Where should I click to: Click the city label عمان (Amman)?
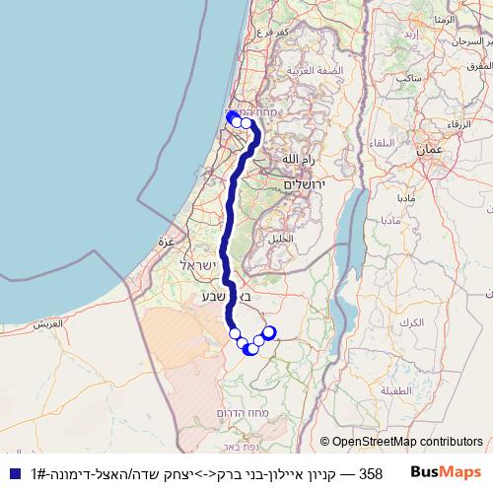(429, 150)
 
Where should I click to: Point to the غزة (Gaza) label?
(165, 241)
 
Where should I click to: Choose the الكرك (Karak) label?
(413, 322)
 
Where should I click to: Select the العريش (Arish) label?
(46, 323)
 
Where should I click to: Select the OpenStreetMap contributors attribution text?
(402, 442)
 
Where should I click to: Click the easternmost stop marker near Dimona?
(268, 333)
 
